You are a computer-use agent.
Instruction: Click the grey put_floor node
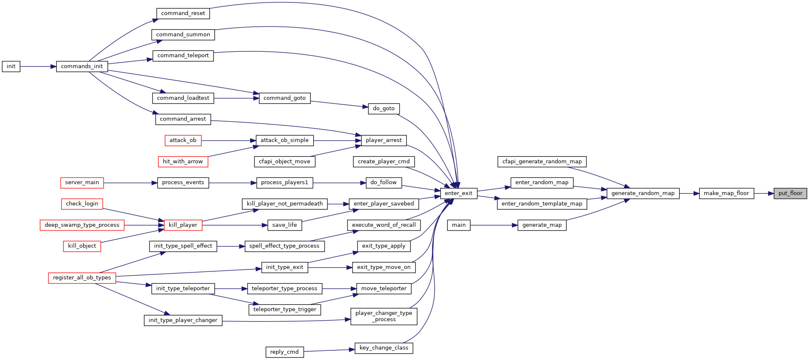click(790, 193)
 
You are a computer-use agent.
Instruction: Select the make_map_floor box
click(726, 193)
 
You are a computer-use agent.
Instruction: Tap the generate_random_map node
click(643, 193)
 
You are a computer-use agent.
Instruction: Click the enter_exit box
click(459, 193)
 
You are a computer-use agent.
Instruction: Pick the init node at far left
click(11, 66)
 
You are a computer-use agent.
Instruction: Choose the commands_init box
click(82, 66)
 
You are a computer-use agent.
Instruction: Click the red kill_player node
click(183, 225)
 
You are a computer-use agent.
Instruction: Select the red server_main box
click(82, 183)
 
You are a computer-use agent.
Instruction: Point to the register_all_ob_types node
click(82, 278)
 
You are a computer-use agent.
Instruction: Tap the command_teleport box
click(183, 56)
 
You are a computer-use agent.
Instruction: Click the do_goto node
click(384, 109)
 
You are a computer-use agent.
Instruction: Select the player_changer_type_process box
click(384, 316)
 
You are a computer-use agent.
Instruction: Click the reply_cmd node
click(284, 352)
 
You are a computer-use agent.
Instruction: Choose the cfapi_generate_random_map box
click(542, 162)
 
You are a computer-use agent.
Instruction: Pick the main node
click(459, 225)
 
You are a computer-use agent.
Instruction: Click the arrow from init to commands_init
click(38, 66)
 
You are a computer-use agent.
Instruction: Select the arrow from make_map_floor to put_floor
click(764, 193)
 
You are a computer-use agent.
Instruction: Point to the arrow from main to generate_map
click(494, 225)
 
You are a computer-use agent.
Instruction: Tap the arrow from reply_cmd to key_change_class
click(329, 350)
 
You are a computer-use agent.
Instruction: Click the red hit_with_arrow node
click(183, 162)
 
